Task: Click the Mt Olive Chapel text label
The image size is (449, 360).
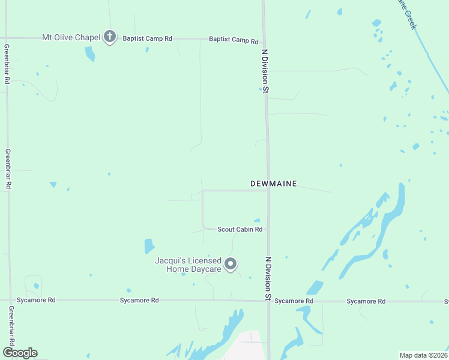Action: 70,37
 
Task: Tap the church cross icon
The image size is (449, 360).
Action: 109,37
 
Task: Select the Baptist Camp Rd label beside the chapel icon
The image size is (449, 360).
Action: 148,38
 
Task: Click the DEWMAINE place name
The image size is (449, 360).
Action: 274,184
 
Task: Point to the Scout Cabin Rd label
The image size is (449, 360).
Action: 240,229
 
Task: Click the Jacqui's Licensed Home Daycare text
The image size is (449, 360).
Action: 188,265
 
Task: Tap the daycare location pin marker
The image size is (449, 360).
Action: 231,264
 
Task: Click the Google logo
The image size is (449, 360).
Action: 20,353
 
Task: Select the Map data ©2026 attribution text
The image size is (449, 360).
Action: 424,355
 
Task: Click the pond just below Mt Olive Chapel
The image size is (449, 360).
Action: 89,53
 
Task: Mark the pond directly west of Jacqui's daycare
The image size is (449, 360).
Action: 149,246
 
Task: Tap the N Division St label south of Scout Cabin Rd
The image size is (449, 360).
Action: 269,279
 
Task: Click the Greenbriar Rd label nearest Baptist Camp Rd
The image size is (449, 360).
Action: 7,64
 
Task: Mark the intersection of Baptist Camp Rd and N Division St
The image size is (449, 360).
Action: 264,40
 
